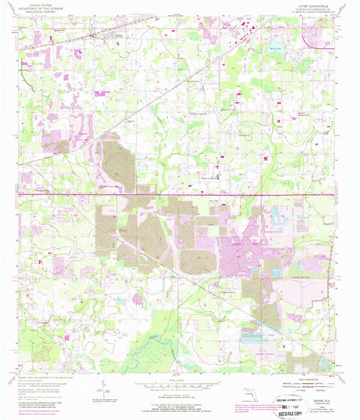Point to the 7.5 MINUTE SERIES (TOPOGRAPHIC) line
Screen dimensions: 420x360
(298, 12)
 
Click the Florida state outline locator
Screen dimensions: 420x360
(244, 393)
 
